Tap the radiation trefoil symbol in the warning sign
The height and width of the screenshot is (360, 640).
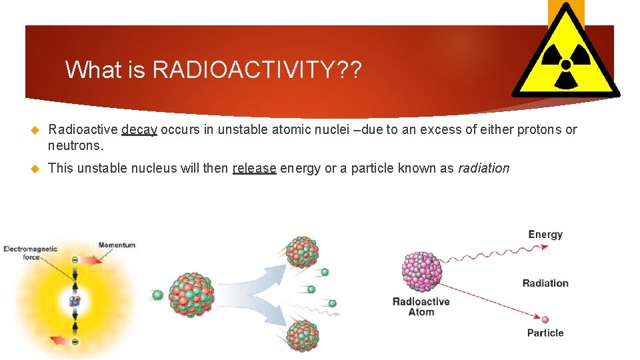click(x=566, y=65)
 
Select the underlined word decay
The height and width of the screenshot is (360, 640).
click(x=139, y=129)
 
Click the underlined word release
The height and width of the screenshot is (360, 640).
click(x=254, y=168)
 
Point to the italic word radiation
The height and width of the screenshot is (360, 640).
click(x=483, y=168)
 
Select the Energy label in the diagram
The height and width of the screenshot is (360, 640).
click(x=545, y=234)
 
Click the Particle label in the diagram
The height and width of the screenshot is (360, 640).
click(x=545, y=333)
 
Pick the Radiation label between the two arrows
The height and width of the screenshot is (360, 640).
click(x=545, y=283)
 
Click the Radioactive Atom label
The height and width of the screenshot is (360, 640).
click(x=421, y=307)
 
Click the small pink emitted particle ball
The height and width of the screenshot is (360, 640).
click(x=545, y=319)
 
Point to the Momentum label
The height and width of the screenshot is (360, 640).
click(x=117, y=245)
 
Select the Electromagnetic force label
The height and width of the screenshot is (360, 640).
click(x=31, y=253)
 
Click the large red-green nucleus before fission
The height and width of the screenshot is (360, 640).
click(x=191, y=294)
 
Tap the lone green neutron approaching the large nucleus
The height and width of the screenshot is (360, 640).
click(x=158, y=295)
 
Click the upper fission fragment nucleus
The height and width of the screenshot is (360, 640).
click(x=301, y=252)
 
